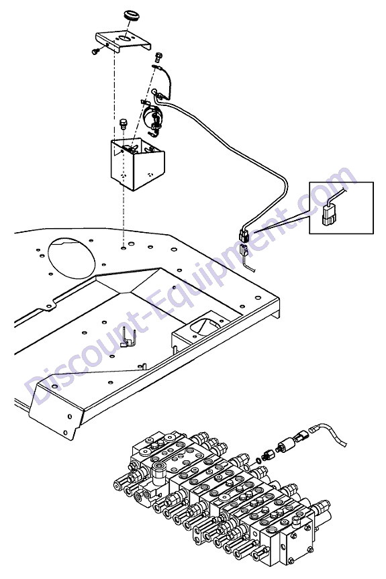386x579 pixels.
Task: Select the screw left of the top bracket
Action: pos(96,51)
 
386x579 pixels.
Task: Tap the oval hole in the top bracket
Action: pos(125,38)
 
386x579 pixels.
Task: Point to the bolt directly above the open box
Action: pos(123,123)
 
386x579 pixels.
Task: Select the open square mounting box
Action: pos(138,164)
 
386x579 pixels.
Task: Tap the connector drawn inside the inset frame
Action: pos(330,215)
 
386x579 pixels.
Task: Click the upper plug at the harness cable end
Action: pos(244,235)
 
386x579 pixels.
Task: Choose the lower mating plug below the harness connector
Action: pos(245,250)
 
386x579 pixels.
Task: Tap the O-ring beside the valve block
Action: pos(259,460)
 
